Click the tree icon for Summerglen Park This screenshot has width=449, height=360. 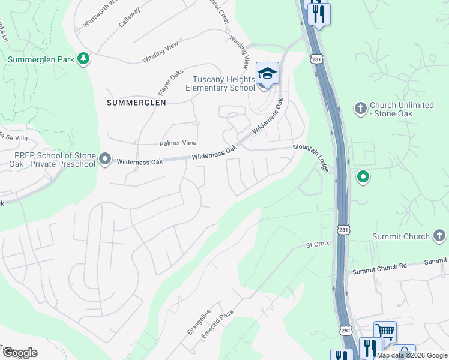pyautogui.click(x=85, y=59)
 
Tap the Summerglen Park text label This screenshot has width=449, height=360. pyautogui.click(x=40, y=59)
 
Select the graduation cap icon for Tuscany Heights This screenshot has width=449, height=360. pyautogui.click(x=267, y=74)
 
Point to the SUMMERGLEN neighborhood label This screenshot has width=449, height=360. pyautogui.click(x=136, y=103)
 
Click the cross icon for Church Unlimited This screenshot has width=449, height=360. pyautogui.click(x=360, y=109)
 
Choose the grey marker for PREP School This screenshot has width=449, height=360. pyautogui.click(x=105, y=160)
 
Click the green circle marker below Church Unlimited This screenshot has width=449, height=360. pyautogui.click(x=363, y=177)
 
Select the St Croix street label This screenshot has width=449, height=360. pyautogui.click(x=318, y=245)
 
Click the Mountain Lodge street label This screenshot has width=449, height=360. pyautogui.click(x=311, y=157)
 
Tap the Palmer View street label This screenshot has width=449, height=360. pyautogui.click(x=178, y=143)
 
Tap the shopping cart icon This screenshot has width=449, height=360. pyautogui.click(x=385, y=331)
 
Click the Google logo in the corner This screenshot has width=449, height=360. pyautogui.click(x=20, y=353)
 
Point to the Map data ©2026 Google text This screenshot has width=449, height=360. pyautogui.click(x=412, y=355)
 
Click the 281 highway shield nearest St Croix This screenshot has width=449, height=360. pyautogui.click(x=343, y=231)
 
